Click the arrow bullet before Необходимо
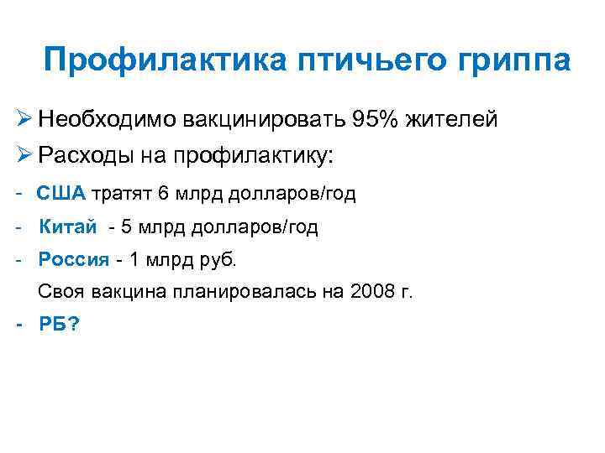click(25, 120)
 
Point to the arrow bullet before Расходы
click(25, 156)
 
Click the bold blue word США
click(61, 194)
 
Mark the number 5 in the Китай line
click(127, 226)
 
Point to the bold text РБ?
click(60, 326)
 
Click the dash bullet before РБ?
click(19, 326)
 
